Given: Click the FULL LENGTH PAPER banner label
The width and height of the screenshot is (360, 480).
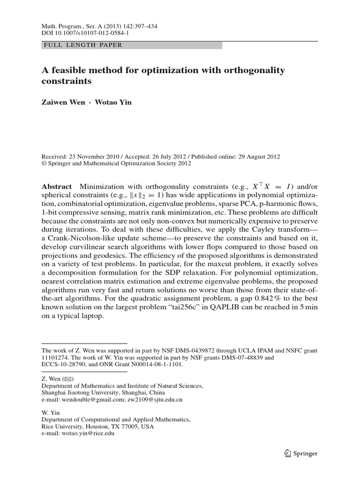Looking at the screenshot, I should pyautogui.click(x=82, y=45).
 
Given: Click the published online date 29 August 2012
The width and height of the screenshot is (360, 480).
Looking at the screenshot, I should pyautogui.click(x=259, y=157).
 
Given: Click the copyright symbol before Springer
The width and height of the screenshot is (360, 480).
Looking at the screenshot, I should pyautogui.click(x=44, y=164).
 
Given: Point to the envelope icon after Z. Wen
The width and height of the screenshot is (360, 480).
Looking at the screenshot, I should pyautogui.click(x=68, y=378).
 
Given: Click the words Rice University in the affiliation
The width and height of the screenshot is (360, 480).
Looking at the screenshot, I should pyautogui.click(x=62, y=427).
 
